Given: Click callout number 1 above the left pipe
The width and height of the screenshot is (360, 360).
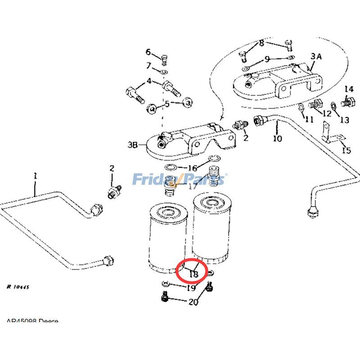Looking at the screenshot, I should pyautogui.click(x=35, y=176).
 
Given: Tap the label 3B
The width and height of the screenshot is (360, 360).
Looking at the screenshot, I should pyautogui.click(x=133, y=145).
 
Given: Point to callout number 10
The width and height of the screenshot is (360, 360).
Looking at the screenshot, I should pyautogui.click(x=277, y=138).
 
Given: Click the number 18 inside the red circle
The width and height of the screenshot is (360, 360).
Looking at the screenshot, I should pyautogui.click(x=194, y=273).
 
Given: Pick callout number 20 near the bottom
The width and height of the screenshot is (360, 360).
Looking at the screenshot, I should pyautogui.click(x=193, y=302).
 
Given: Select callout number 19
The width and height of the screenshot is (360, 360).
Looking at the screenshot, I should pyautogui.click(x=191, y=288).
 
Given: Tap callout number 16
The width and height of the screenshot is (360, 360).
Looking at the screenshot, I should pyautogui.click(x=192, y=168).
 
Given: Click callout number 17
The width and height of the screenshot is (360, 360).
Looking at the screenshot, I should pyautogui.click(x=193, y=186).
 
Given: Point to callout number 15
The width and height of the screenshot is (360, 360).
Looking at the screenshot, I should pyautogui.click(x=346, y=150).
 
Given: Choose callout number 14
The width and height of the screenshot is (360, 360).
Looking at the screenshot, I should pyautogui.click(x=349, y=89).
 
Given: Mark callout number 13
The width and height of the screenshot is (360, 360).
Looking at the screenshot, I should pyautogui.click(x=344, y=120).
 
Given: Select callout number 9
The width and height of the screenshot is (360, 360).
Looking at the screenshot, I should pyautogui.click(x=267, y=59).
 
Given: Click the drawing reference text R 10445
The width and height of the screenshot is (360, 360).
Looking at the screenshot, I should pyautogui.click(x=18, y=286).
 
